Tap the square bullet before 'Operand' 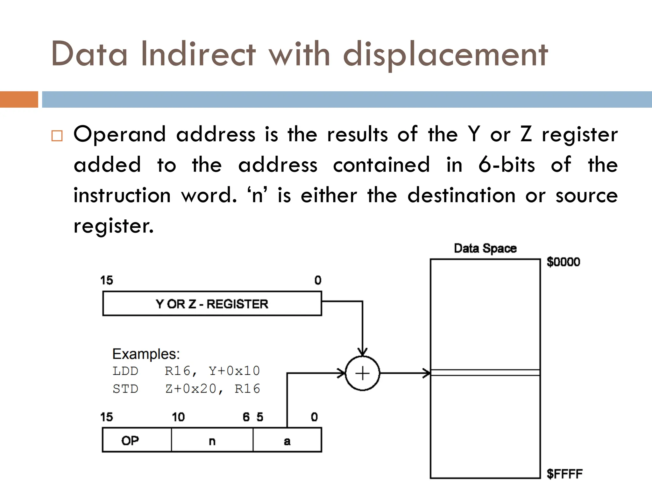[x=57, y=136]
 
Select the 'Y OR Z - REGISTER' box [x=212, y=304]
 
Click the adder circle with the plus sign [x=362, y=373]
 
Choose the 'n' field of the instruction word [x=212, y=440]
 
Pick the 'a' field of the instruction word [x=287, y=440]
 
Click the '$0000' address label [x=563, y=262]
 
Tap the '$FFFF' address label [x=564, y=474]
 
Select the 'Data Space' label [x=485, y=248]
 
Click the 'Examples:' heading [x=146, y=354]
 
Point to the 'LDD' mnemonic [x=125, y=371]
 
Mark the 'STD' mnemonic [x=125, y=389]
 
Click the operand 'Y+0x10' [x=234, y=371]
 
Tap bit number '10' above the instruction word [x=178, y=417]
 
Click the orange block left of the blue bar [x=19, y=99]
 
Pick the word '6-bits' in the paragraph [x=507, y=165]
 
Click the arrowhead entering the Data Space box [x=427, y=373]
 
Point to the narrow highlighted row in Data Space [x=485, y=373]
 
